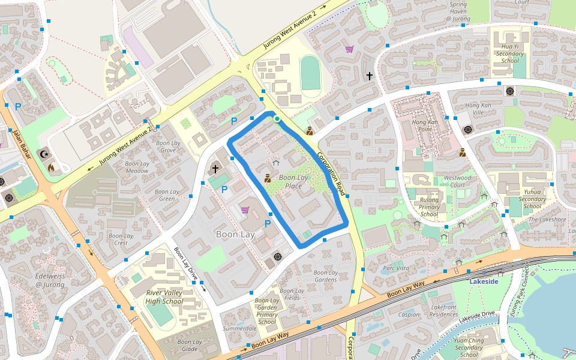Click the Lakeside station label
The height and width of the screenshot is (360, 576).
(484, 281)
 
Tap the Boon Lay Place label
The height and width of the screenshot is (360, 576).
(293, 182)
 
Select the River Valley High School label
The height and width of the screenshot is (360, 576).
(164, 297)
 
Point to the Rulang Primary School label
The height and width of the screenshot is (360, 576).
(429, 207)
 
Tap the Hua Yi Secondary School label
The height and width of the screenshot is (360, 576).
(509, 53)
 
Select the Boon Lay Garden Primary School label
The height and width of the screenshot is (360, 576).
(267, 311)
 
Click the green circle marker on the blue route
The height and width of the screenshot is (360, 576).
(277, 119)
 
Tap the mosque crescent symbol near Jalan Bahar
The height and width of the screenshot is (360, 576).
(43, 154)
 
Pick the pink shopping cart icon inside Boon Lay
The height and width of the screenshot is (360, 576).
(245, 210)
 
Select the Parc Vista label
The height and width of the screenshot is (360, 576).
(396, 268)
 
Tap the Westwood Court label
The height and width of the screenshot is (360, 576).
(457, 181)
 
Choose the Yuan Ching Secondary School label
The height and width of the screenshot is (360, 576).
(469, 347)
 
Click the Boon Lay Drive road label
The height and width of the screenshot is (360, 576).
(185, 265)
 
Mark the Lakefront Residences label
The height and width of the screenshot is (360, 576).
(445, 311)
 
